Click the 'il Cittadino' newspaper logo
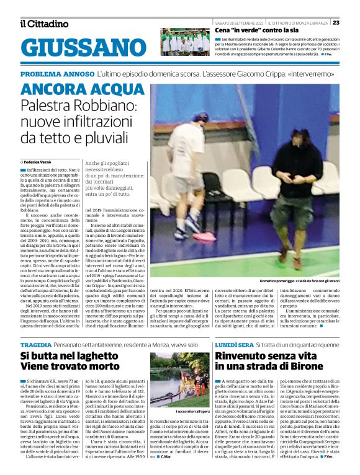point(44,24)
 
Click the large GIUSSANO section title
point(79,47)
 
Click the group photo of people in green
point(185,42)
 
